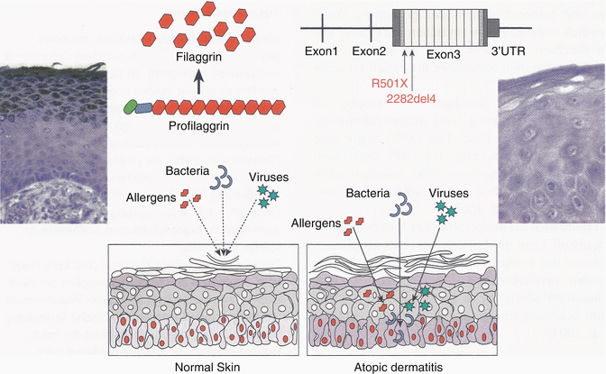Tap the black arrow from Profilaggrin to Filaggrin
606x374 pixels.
click(195, 78)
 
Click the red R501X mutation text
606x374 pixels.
click(389, 83)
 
